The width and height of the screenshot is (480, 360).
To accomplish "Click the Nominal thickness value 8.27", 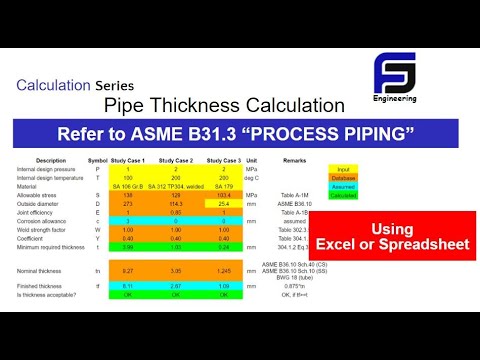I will [x=128, y=269].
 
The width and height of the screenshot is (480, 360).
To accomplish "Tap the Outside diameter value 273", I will [x=128, y=203].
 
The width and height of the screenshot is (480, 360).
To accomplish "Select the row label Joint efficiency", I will [x=38, y=212].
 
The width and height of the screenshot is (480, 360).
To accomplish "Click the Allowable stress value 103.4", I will [x=223, y=195].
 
